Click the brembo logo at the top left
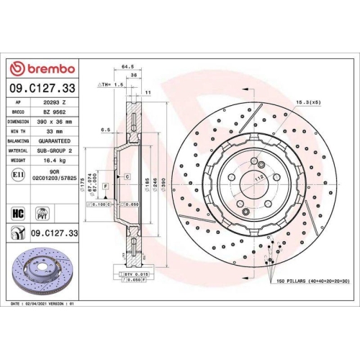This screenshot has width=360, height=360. click(41, 68)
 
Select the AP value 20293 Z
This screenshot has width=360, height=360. click(53, 102)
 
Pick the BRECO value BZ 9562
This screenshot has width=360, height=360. click(53, 112)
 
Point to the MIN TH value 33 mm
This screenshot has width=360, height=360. click(53, 131)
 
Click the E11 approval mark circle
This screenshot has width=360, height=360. click(17, 174)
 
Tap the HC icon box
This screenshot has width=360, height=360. click(18, 213)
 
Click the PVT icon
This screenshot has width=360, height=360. click(42, 213)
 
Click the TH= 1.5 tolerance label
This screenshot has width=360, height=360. click(111, 84)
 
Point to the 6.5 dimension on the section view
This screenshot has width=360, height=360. click(105, 130)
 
